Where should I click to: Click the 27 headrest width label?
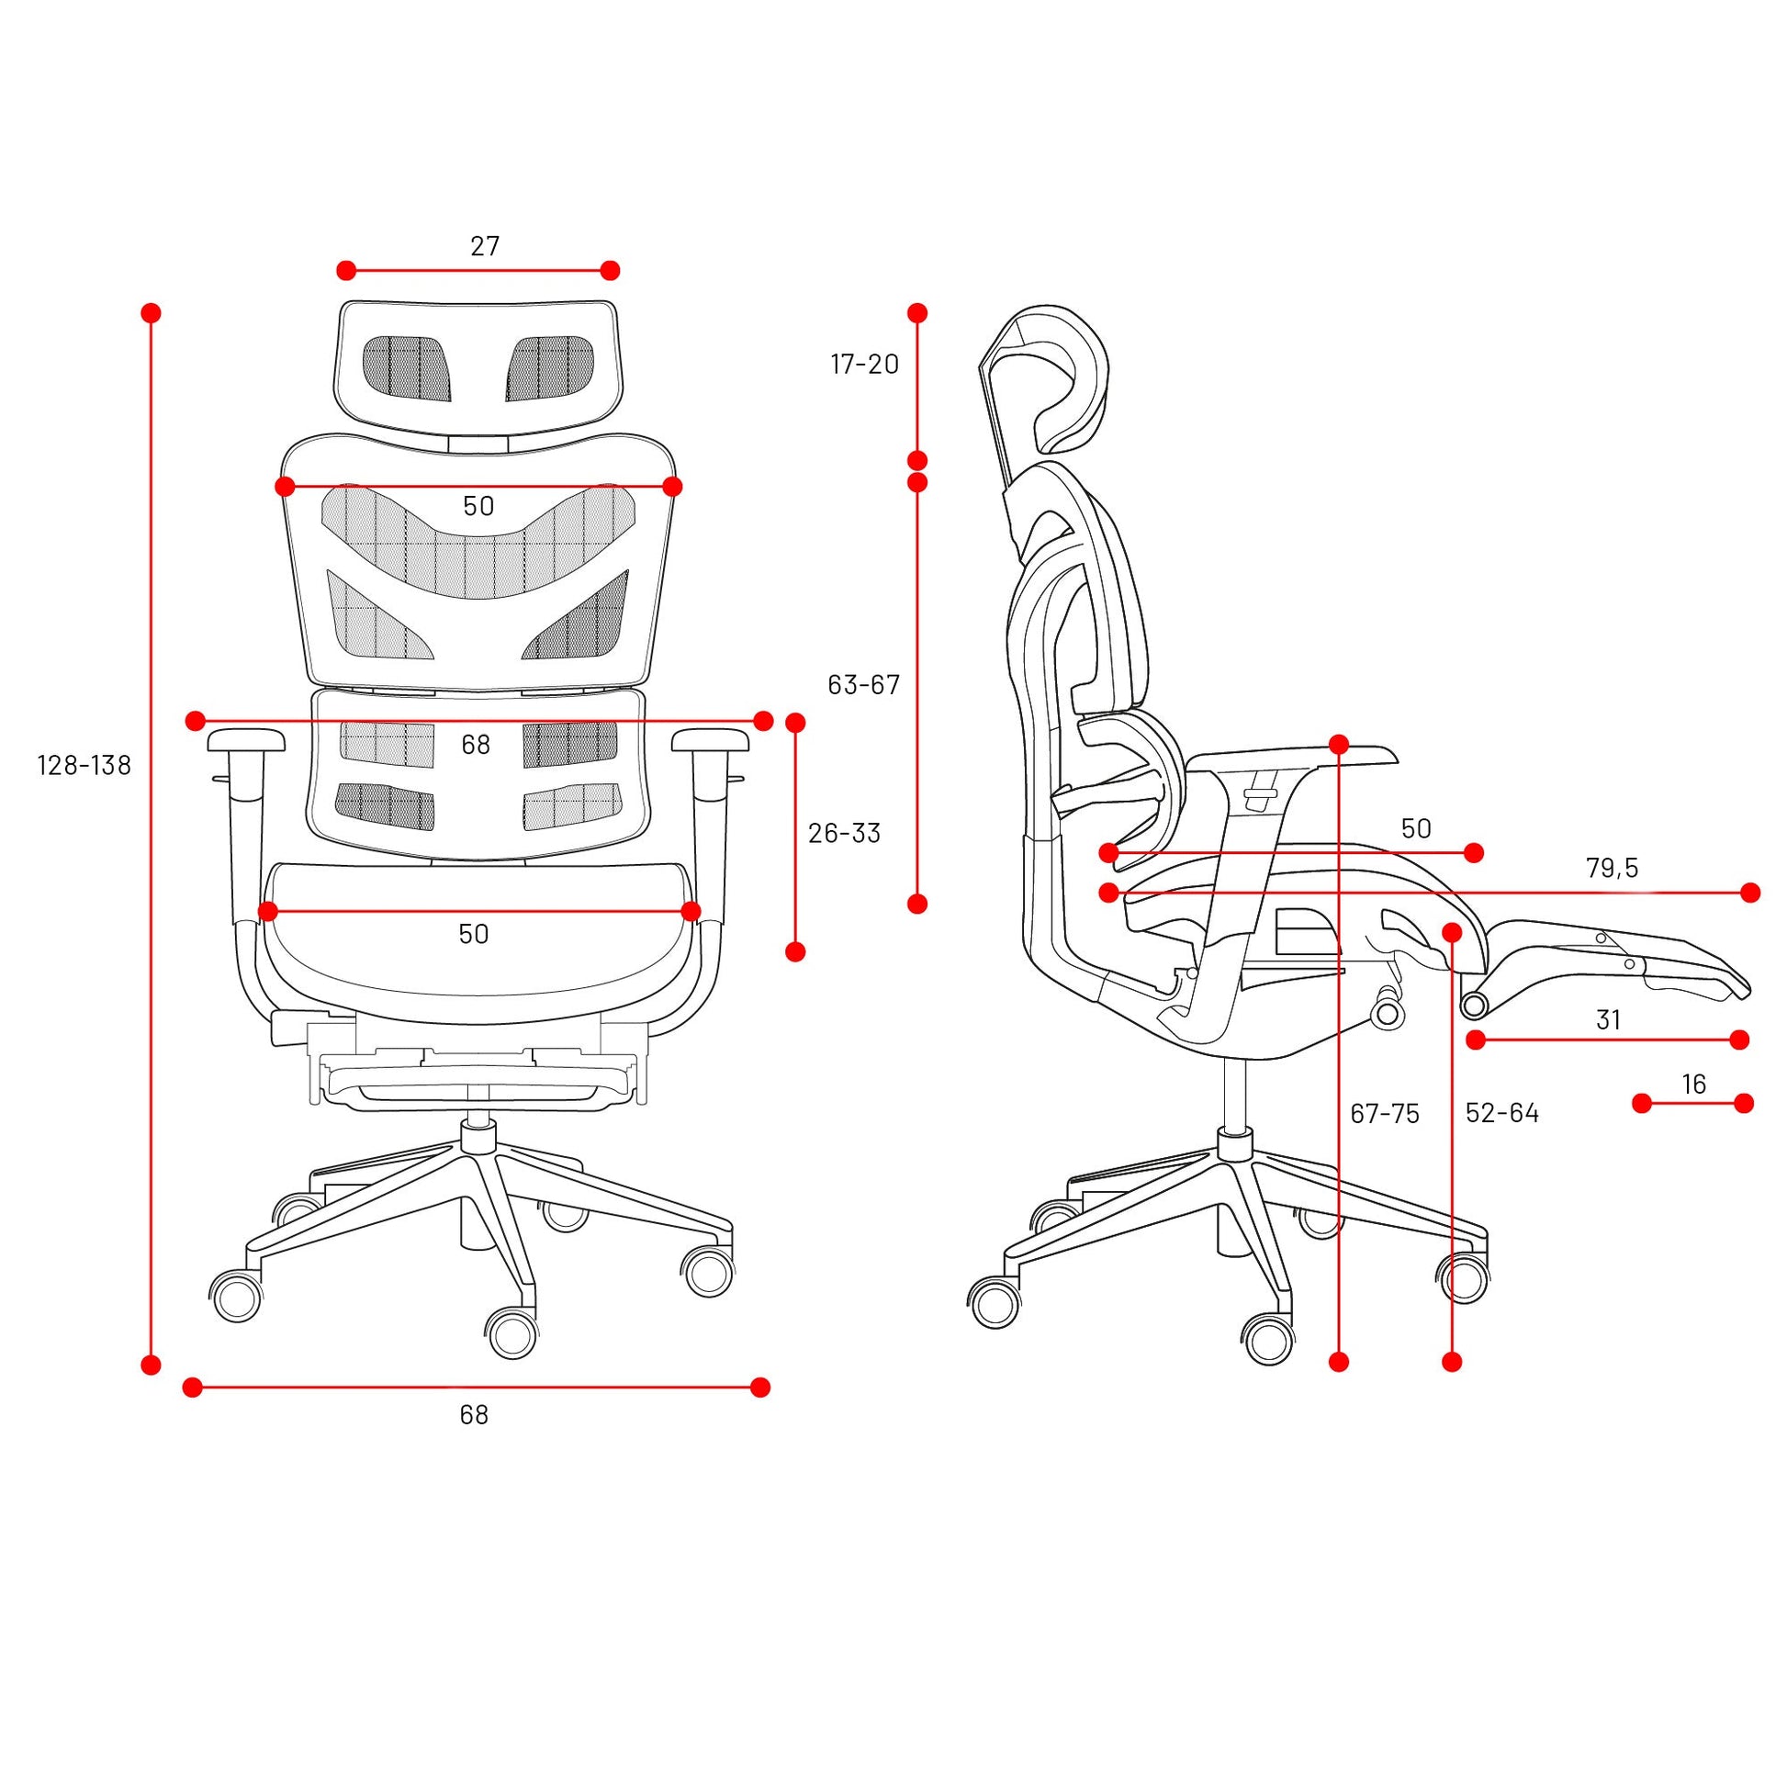[x=485, y=246]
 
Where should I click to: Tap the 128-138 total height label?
[x=84, y=765]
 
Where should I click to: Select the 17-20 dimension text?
[x=865, y=365]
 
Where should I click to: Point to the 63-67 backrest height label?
[x=864, y=684]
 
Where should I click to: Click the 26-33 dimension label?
[x=845, y=834]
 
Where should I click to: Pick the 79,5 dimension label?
[x=1613, y=869]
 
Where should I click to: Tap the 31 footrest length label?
[x=1609, y=1020]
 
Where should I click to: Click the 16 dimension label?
[x=1693, y=1084]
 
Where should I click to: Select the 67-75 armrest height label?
[x=1385, y=1114]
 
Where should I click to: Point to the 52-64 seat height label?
[x=1503, y=1113]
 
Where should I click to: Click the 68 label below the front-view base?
[x=474, y=1415]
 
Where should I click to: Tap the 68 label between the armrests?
[x=476, y=745]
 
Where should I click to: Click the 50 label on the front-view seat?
[x=474, y=934]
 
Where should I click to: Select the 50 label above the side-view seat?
[x=1416, y=828]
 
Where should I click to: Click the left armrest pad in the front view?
[x=247, y=739]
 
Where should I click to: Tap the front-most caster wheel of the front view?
[x=511, y=1332]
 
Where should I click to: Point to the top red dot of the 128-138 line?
[x=152, y=312]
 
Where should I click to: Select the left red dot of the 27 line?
[x=346, y=271]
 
